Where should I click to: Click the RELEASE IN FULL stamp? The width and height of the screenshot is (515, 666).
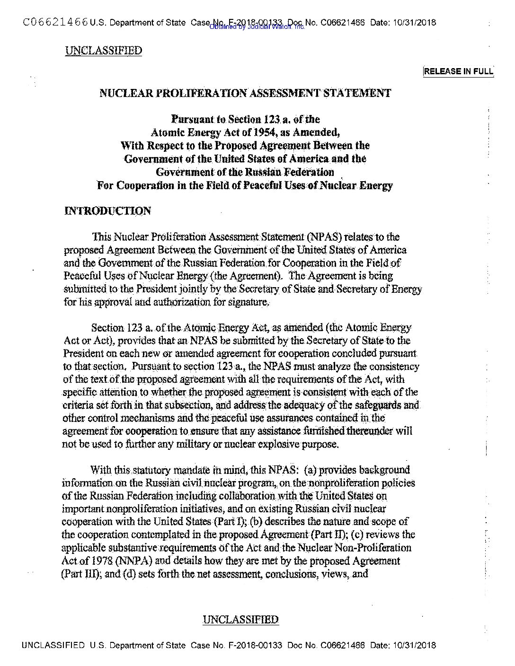pyautogui.click(x=458, y=71)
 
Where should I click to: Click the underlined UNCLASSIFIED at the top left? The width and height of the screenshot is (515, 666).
pyautogui.click(x=103, y=51)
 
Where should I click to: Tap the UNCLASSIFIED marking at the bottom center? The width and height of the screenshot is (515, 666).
pyautogui.click(x=240, y=620)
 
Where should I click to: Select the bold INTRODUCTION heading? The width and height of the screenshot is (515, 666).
pyautogui.click(x=107, y=211)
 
